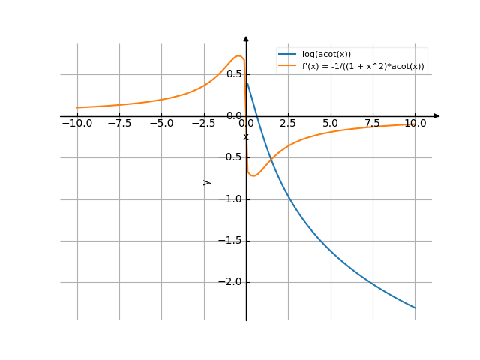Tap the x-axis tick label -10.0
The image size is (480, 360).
click(x=77, y=123)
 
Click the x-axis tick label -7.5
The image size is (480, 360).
click(x=119, y=123)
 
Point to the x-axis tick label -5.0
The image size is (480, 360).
click(x=161, y=123)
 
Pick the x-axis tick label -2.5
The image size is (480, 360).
click(x=203, y=123)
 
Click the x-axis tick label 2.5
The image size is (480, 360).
click(x=288, y=123)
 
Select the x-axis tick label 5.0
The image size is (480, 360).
click(x=330, y=123)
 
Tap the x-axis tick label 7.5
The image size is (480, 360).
click(x=372, y=123)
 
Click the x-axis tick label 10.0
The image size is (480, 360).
click(x=414, y=123)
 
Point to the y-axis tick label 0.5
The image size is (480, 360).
click(x=234, y=74)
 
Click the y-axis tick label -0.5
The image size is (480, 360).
click(x=231, y=157)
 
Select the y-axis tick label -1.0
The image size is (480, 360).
click(x=231, y=199)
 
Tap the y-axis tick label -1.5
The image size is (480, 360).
click(x=231, y=241)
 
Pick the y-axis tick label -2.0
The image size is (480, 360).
click(x=231, y=282)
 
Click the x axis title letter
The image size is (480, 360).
click(x=245, y=136)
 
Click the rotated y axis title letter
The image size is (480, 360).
click(x=208, y=182)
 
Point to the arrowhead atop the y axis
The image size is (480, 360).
click(x=246, y=37)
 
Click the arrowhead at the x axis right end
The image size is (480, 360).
click(x=436, y=116)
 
